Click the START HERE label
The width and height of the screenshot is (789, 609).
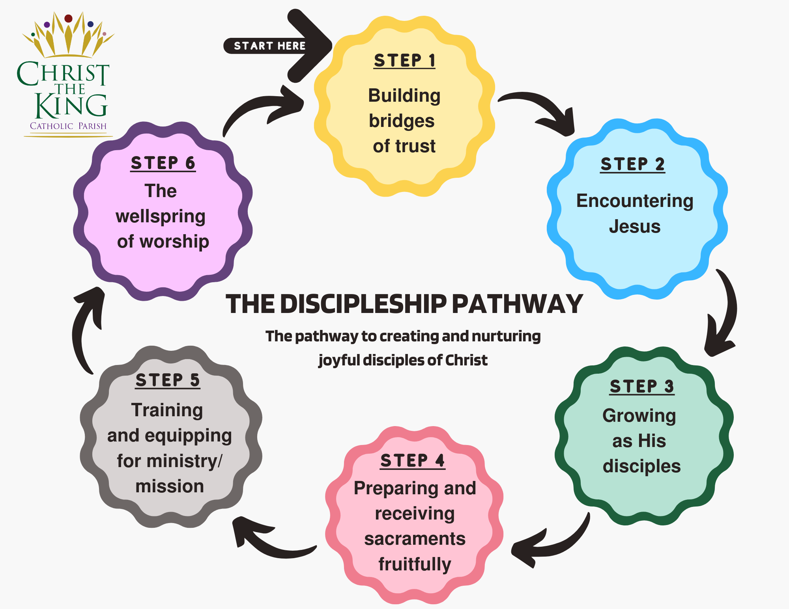(x=269, y=46)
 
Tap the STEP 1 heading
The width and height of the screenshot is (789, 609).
(x=404, y=61)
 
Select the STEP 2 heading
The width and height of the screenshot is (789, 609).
(x=632, y=164)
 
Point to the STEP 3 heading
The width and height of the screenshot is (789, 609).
(x=642, y=386)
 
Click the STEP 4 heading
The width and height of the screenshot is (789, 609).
(x=412, y=460)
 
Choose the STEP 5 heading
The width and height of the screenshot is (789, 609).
(x=168, y=380)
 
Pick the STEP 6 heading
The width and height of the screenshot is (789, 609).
(x=163, y=163)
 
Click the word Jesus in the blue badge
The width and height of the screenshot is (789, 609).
(x=634, y=227)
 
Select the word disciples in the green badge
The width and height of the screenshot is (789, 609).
(x=641, y=466)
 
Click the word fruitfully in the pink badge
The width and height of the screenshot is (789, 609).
(x=415, y=564)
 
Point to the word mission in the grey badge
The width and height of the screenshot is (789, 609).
(x=170, y=486)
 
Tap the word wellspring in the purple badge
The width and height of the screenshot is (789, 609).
(x=161, y=216)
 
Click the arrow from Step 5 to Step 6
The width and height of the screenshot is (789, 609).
(x=85, y=327)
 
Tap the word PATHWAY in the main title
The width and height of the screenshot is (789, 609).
(x=517, y=304)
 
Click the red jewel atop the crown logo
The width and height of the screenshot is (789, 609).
(x=68, y=18)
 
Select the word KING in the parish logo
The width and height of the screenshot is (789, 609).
(x=71, y=106)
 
